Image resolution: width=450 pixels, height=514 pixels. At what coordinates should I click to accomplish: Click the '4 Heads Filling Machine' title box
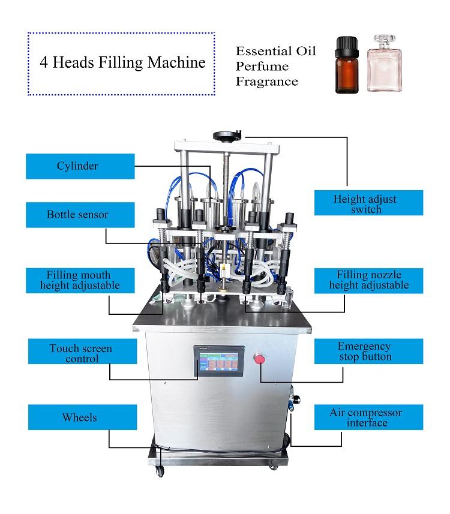[121, 64]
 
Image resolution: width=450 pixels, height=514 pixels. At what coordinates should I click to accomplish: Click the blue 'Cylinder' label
[80, 166]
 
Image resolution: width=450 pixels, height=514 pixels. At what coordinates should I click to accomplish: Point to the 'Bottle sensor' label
[80, 214]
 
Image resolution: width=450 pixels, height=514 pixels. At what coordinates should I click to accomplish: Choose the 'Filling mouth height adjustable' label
[80, 281]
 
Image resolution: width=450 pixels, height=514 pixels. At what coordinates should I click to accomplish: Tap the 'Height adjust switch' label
[368, 203]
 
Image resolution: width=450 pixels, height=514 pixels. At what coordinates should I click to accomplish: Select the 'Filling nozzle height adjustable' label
[368, 281]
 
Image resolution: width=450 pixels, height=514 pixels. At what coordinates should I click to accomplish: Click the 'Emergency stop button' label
[368, 352]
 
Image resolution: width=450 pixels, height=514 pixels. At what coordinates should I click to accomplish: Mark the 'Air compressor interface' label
[368, 417]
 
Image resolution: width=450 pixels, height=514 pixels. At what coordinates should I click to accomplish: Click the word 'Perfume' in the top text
[262, 66]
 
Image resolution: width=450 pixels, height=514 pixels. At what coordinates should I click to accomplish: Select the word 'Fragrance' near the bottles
[266, 82]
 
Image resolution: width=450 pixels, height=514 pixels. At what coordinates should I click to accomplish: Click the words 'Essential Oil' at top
[275, 50]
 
